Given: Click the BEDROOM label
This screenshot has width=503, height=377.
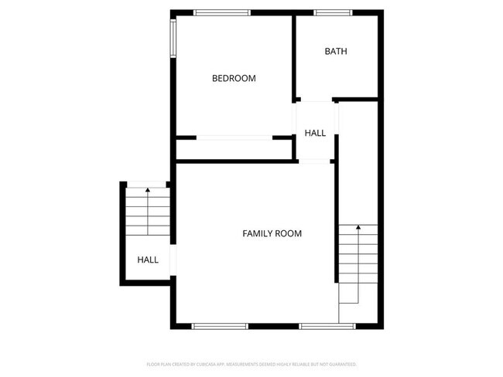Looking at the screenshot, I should coord(234,78).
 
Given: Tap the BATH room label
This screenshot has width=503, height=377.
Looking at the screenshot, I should coord(336,52).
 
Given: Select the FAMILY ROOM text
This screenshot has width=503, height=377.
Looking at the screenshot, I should coord(272,233).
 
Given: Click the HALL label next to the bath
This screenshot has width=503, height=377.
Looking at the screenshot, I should coord(315,133).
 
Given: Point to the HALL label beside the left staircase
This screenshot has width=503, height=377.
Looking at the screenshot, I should coord(148,260).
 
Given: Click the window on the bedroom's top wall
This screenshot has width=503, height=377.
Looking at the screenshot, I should coord(221,12).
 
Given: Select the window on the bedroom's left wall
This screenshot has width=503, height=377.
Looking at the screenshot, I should coord(173,36).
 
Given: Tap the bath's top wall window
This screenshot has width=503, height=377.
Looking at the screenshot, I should coord(334,12).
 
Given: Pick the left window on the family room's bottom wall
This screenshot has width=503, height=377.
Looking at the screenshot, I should coord(219,326).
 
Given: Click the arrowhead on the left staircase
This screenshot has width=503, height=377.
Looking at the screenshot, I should coord(147,189).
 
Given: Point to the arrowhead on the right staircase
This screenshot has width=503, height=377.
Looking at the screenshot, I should coord(358,228).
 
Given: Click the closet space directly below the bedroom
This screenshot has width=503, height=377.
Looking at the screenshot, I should coord(234,149).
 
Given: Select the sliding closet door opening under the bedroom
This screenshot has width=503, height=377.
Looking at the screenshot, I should coord(234,138).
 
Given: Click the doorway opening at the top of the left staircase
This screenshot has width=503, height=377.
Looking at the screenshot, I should coord(147,185).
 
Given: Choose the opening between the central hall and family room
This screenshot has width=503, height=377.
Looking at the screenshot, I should coord(315,160).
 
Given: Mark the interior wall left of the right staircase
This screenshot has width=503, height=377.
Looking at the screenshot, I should coord(337,224).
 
